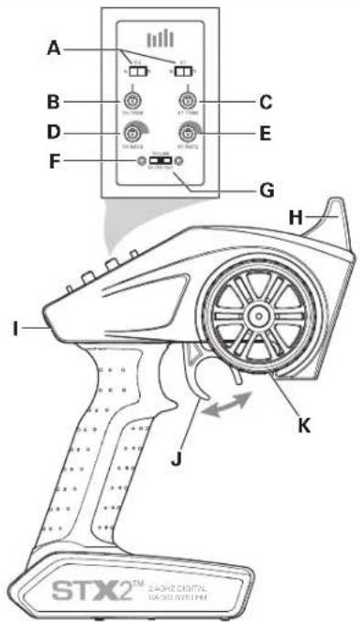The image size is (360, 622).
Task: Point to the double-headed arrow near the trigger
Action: [x=226, y=404]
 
